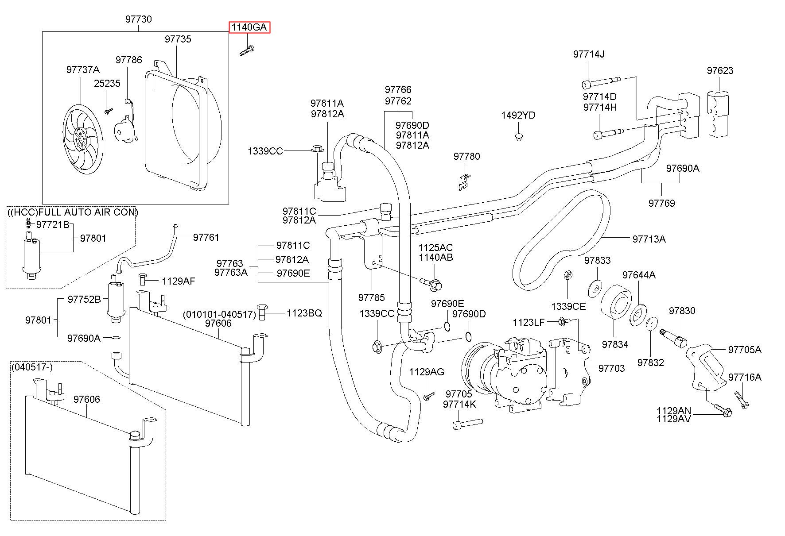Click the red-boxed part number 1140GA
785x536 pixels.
[249, 27]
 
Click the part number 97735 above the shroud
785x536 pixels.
[178, 39]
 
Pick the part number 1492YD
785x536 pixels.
[518, 116]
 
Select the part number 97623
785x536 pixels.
[720, 70]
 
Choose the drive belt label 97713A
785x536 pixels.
[649, 239]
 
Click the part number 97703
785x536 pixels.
[611, 368]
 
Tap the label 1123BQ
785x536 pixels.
[304, 313]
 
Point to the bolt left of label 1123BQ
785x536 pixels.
[262, 312]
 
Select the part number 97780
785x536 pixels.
[466, 156]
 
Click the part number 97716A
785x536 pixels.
[745, 377]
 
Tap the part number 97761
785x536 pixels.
[206, 238]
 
